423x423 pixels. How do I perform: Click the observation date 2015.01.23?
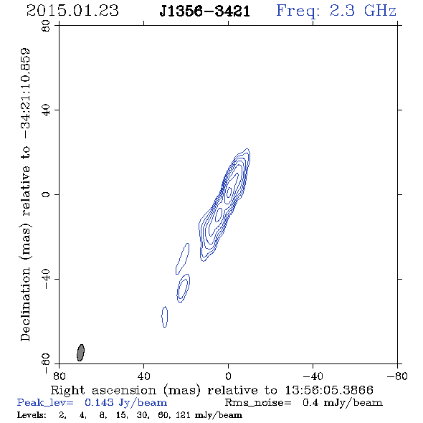click(x=72, y=11)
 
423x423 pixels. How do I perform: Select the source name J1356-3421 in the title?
click(x=205, y=11)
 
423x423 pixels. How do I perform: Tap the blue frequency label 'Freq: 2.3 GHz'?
click(x=336, y=11)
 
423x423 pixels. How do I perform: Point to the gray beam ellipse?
click(x=80, y=353)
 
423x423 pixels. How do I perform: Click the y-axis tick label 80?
click(x=47, y=26)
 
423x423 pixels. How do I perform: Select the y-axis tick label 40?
click(x=47, y=110)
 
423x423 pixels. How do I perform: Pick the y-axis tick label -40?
click(x=47, y=279)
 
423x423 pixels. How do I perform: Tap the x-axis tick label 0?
click(x=228, y=376)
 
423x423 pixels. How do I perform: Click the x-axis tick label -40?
click(x=313, y=376)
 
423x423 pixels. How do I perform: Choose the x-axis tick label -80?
click(x=397, y=376)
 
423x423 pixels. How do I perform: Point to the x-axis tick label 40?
click(x=143, y=376)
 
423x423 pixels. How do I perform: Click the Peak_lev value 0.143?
click(x=99, y=402)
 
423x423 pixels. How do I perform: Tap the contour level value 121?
click(x=184, y=414)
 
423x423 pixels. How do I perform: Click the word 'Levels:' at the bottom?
click(x=32, y=414)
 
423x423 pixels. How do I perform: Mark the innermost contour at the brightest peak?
click(x=229, y=192)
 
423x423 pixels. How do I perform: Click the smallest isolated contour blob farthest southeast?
click(x=165, y=317)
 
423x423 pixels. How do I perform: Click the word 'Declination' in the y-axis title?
click(x=25, y=304)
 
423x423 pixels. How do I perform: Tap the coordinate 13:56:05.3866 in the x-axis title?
click(x=329, y=390)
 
